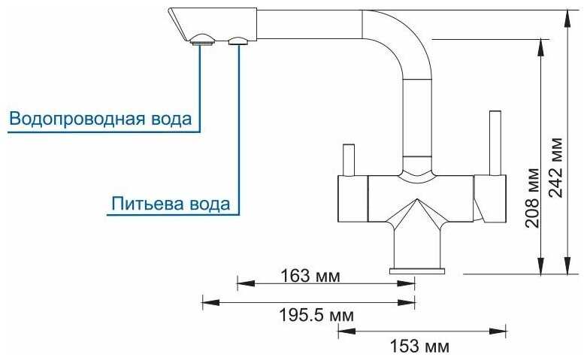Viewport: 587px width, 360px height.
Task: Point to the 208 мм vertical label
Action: coord(531,201)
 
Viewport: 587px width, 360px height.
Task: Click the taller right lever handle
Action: coord(495,143)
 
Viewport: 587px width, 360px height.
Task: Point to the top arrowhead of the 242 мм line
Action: coord(568,15)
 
